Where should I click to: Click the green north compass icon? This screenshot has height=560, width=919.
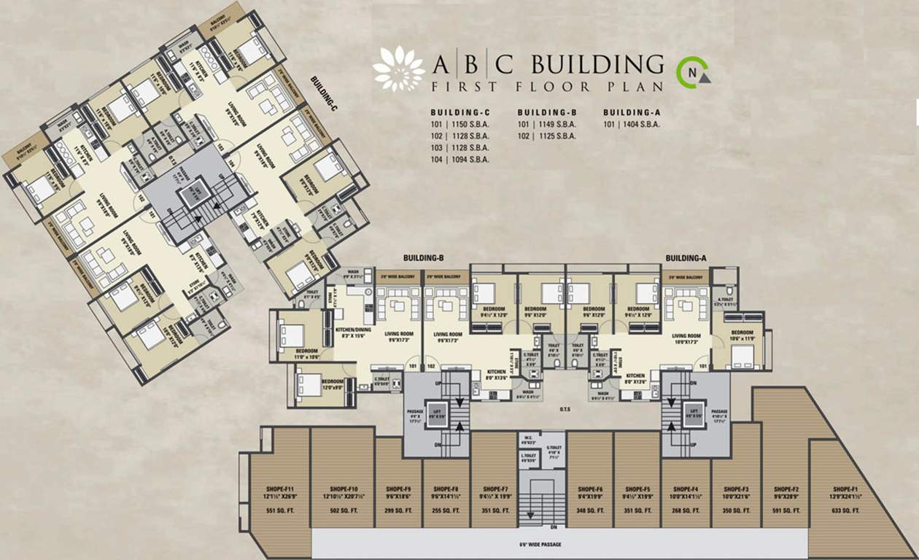point(691,72)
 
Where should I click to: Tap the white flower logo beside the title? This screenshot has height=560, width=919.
point(398,69)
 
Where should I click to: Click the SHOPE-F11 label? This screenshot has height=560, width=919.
point(279,489)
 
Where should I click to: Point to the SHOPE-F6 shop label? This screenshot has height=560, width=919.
point(589,489)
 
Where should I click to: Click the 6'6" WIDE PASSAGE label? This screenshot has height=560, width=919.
point(559,545)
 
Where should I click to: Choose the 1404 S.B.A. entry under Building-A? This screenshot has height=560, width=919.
point(632,125)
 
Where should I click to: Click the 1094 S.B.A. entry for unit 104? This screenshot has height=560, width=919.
point(459,159)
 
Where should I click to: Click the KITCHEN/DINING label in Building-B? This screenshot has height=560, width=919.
point(353,330)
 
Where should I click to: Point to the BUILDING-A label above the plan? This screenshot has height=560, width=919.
point(686,258)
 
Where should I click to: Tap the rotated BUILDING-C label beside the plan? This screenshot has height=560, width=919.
point(324,93)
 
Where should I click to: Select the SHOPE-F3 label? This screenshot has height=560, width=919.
point(735,489)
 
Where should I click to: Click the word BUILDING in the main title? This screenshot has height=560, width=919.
point(597,65)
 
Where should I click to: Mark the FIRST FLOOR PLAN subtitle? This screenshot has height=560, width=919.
point(547,87)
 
